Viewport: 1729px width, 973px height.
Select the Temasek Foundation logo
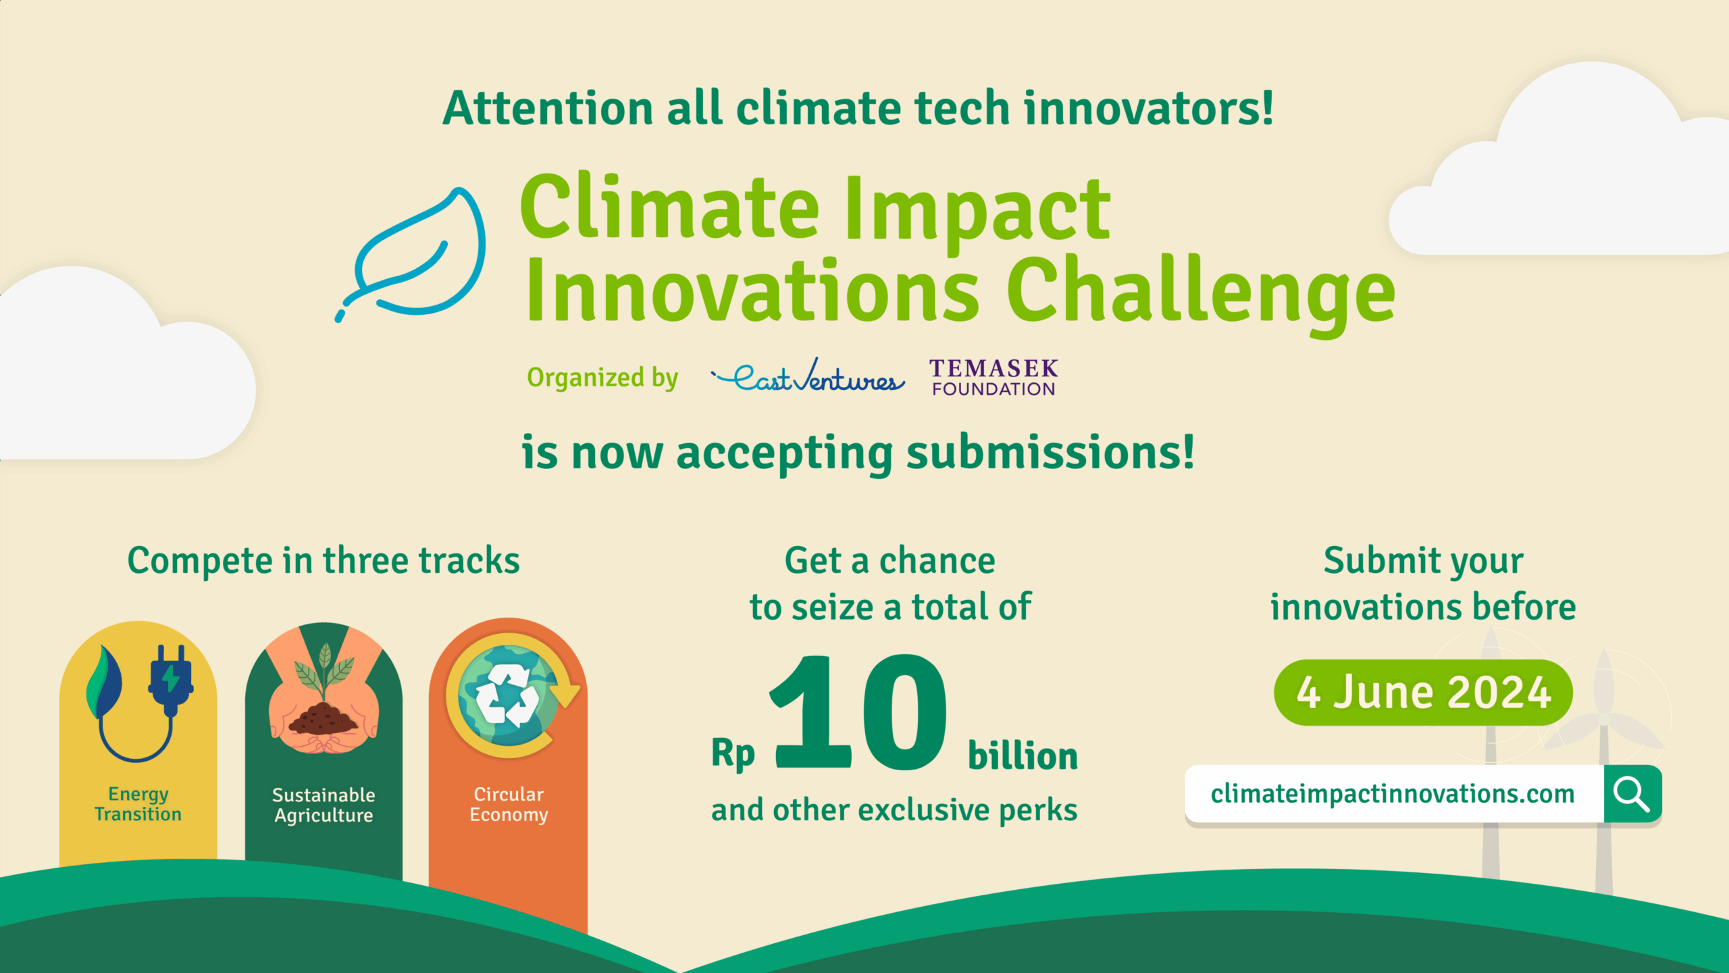[x=993, y=378]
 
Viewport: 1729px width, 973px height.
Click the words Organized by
[x=602, y=378]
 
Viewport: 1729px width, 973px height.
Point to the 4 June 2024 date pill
[x=1422, y=693]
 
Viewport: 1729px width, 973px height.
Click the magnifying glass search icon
[x=1631, y=794]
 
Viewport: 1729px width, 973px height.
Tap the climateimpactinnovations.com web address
[x=1393, y=794]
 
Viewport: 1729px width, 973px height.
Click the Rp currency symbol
[x=733, y=753]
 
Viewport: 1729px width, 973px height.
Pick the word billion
[x=1023, y=755]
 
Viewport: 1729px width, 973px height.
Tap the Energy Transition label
[x=138, y=804]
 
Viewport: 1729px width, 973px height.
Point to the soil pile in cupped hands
[x=323, y=720]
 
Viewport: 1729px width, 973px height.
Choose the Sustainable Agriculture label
[x=323, y=805]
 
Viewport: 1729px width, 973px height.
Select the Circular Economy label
[x=509, y=804]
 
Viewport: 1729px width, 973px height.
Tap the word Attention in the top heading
[x=547, y=108]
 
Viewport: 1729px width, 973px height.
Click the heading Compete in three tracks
[x=324, y=561]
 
